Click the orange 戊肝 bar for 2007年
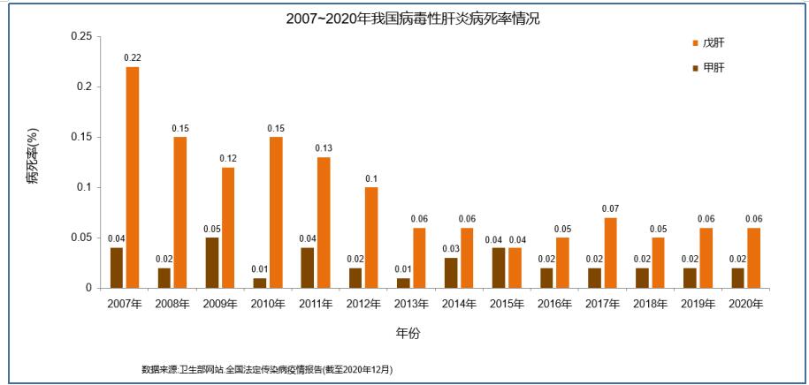click(x=133, y=177)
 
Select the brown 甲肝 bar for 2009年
click(x=212, y=262)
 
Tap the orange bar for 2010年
click(x=276, y=212)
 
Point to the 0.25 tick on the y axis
click(x=80, y=36)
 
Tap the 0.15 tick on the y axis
click(x=80, y=137)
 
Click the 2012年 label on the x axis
click(x=363, y=304)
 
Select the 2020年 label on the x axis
click(x=745, y=304)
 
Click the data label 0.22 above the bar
click(x=133, y=58)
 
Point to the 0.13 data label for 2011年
click(x=324, y=148)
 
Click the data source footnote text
click(x=267, y=368)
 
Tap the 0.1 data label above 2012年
click(x=371, y=179)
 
